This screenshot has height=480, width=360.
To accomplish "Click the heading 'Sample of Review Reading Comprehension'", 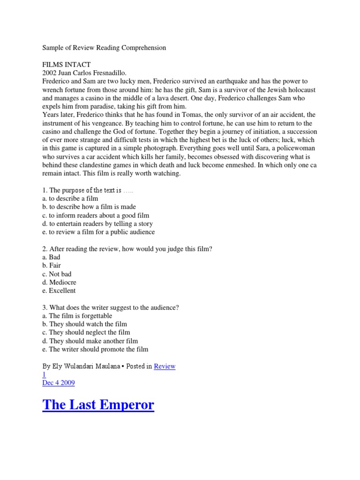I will pos(104,48).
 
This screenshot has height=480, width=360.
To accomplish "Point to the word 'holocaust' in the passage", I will pos(287,90).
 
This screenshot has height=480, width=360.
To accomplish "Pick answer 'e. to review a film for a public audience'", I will pos(98,232).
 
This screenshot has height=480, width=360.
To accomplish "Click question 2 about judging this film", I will pos(127,249).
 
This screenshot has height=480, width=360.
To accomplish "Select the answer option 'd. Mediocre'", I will pos(59,282).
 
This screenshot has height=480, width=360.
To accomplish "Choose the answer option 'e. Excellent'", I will pos(59,291).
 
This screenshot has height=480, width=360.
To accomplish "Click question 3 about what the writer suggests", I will pos(111,307).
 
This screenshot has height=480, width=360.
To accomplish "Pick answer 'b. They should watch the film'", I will pos(84,324).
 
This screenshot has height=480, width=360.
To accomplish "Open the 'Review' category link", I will pos(164,367).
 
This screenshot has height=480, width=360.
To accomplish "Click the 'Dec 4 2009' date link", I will pos(59,383).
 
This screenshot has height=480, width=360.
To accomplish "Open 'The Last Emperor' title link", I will pos(98,405).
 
